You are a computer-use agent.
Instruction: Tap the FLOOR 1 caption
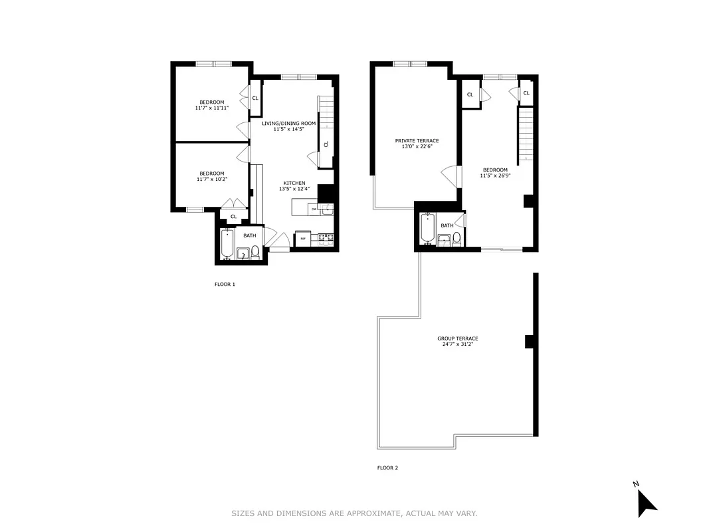(x=225, y=285)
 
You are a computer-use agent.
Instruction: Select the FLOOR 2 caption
(x=387, y=468)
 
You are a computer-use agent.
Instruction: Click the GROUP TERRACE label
(x=458, y=338)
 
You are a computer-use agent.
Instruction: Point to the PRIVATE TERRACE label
(x=417, y=141)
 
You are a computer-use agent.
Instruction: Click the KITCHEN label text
(x=294, y=183)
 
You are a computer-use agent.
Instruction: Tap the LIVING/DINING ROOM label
(x=288, y=124)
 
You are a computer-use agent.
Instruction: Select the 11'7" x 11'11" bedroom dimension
(x=211, y=108)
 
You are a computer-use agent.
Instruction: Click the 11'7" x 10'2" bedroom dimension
(x=210, y=179)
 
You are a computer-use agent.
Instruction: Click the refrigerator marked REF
(x=303, y=238)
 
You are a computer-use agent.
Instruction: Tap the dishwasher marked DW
(x=314, y=209)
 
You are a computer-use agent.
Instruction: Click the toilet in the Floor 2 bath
(x=456, y=241)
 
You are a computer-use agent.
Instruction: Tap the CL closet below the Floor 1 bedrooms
(x=233, y=216)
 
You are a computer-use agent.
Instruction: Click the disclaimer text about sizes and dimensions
(x=354, y=513)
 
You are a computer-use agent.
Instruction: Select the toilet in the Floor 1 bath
(x=255, y=252)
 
